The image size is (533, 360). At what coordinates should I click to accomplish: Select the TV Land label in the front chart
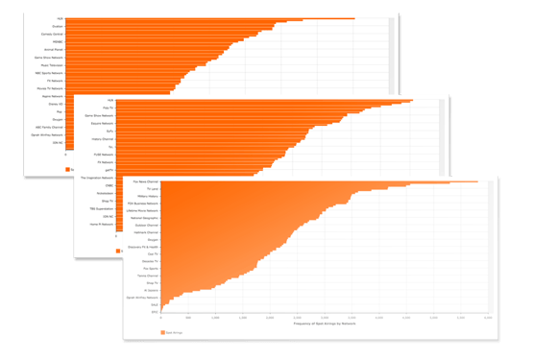(150, 188)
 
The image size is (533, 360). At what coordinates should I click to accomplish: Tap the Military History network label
(145, 196)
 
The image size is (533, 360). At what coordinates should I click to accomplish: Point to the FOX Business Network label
(143, 204)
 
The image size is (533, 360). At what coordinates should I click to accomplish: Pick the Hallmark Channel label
(145, 232)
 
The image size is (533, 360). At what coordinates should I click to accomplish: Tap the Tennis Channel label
(147, 276)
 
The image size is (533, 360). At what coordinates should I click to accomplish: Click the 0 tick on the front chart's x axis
(160, 317)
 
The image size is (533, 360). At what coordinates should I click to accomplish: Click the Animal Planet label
(53, 50)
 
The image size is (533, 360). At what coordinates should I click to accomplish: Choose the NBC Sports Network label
(48, 73)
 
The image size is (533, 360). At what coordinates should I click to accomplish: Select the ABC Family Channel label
(47, 127)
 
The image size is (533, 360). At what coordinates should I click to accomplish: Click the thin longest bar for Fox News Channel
(384, 180)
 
